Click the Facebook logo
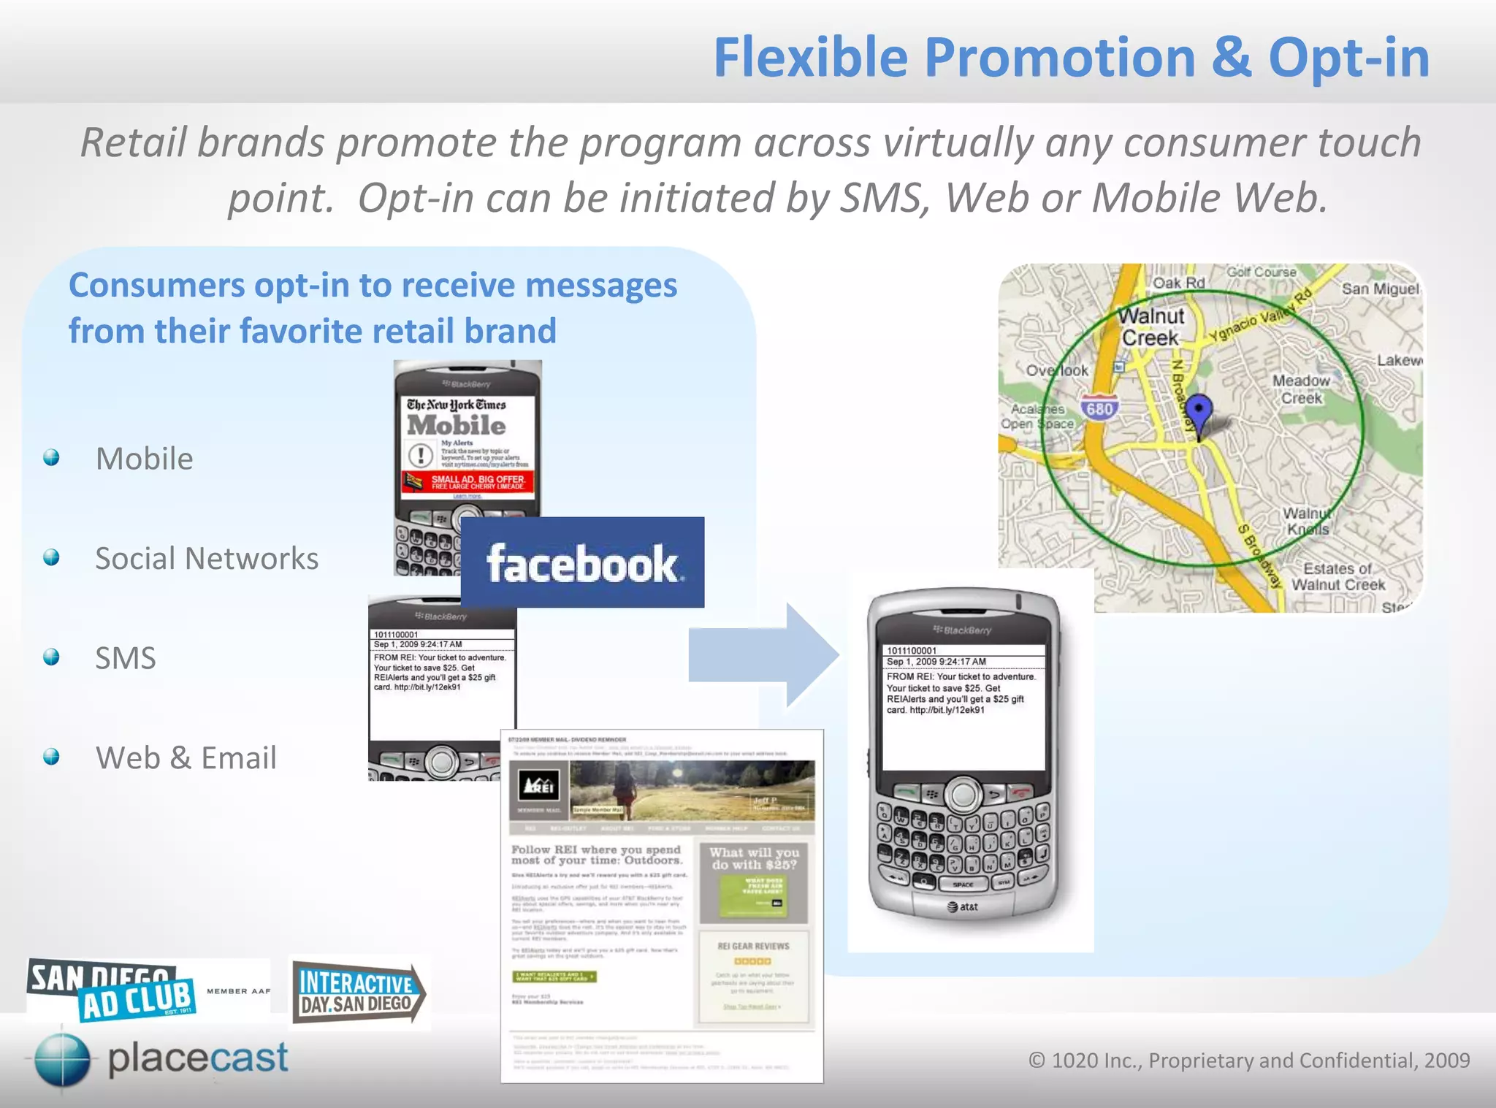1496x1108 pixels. click(x=582, y=562)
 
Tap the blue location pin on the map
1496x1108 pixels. click(x=1198, y=411)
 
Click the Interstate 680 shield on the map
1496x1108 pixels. click(x=1099, y=409)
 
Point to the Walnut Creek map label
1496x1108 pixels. click(x=1151, y=326)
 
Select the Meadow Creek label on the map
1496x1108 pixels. click(x=1301, y=389)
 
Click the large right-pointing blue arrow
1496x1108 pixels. click(x=763, y=654)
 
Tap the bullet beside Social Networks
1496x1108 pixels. click(x=51, y=557)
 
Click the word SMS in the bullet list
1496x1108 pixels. click(x=126, y=658)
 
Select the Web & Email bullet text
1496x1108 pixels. click(x=186, y=757)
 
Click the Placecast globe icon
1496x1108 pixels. click(x=62, y=1059)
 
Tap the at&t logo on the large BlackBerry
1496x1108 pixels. click(x=963, y=907)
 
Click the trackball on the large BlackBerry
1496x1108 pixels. click(x=963, y=795)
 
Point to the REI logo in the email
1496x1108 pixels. click(x=538, y=787)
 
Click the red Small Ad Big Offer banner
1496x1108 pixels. click(x=468, y=482)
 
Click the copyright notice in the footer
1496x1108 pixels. click(x=1248, y=1060)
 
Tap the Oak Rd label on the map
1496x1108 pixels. click(x=1178, y=283)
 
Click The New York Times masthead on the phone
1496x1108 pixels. click(x=457, y=405)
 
